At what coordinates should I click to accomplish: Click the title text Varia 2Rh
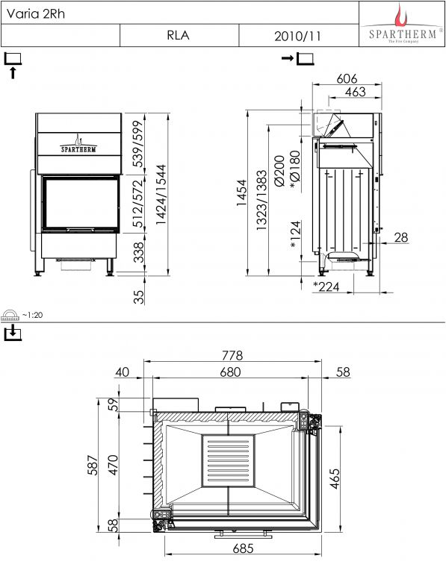pos(36,14)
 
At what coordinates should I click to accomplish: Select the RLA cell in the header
pos(179,36)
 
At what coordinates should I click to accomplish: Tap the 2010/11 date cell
pos(298,36)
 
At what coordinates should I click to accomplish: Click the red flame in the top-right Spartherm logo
pos(400,15)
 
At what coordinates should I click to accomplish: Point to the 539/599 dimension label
pos(139,143)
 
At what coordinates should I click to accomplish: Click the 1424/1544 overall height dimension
pos(161,195)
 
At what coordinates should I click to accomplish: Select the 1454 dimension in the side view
pos(242,192)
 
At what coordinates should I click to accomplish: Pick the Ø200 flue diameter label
pos(279,171)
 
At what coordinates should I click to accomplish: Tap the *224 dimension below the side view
pos(326,286)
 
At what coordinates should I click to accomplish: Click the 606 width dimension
pos(347,78)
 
